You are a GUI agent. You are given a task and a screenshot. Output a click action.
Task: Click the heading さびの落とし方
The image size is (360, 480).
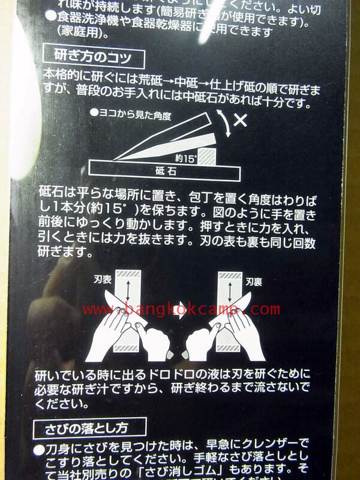95,428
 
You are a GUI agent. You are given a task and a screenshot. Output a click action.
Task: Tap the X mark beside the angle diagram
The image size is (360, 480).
240,120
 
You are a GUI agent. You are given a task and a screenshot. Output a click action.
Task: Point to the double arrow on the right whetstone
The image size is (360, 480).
232,289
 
